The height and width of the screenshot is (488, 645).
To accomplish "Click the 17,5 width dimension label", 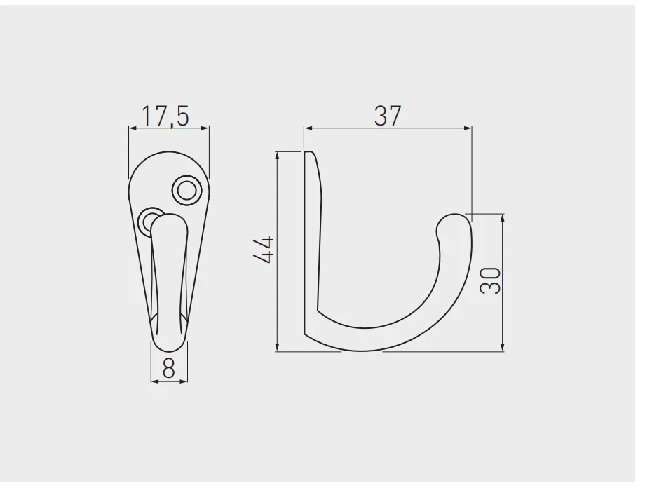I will pyautogui.click(x=166, y=116).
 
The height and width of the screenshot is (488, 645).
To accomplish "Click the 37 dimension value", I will pyautogui.click(x=387, y=116).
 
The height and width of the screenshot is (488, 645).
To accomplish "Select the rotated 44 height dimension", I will pyautogui.click(x=264, y=250).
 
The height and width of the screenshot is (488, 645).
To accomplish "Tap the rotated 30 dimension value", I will pyautogui.click(x=491, y=280).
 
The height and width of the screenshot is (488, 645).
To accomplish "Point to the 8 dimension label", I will pyautogui.click(x=168, y=368).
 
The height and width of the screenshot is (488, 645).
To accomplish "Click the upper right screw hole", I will pyautogui.click(x=186, y=189).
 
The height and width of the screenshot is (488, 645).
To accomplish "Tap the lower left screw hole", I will pyautogui.click(x=148, y=220).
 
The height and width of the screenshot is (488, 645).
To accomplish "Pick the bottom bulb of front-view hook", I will pyautogui.click(x=169, y=337).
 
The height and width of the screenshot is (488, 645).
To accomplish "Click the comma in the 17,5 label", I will pyautogui.click(x=168, y=125).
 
